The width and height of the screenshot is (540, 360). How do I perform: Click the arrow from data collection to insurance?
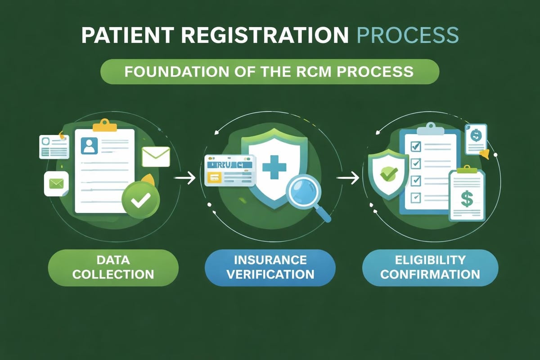pyautogui.click(x=185, y=179)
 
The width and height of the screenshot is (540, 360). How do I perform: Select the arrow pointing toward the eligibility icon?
pyautogui.click(x=348, y=179)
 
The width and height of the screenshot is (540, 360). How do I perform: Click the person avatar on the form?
pyautogui.click(x=89, y=145)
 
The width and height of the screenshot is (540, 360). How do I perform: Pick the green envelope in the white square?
pyautogui.click(x=56, y=184)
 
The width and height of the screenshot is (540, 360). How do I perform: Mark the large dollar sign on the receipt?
pyautogui.click(x=467, y=198)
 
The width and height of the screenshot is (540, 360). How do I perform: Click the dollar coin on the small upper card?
pyautogui.click(x=475, y=134)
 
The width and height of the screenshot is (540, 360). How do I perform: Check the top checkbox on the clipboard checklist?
pyautogui.click(x=416, y=146)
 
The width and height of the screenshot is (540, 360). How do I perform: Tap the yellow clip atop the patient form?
pyautogui.click(x=104, y=123)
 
